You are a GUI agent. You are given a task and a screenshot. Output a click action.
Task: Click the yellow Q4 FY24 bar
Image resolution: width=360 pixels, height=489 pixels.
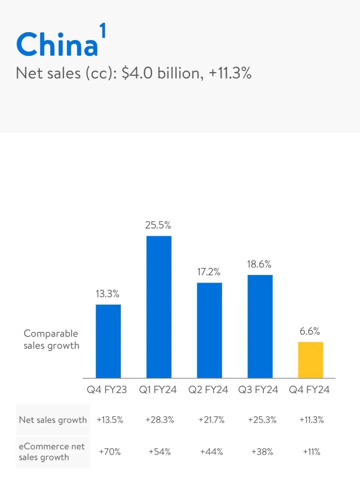click(x=310, y=360)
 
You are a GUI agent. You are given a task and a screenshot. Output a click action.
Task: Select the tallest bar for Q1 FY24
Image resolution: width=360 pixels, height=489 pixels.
click(x=159, y=307)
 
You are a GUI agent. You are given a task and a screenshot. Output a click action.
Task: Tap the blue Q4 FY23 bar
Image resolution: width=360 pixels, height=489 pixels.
click(x=108, y=341)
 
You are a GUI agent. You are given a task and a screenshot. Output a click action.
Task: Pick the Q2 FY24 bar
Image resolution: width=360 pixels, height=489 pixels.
click(x=209, y=330)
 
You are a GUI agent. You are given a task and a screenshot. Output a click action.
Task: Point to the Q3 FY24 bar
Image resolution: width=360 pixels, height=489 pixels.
click(x=260, y=326)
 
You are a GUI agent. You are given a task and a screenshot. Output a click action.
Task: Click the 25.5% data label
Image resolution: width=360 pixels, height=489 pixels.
click(x=158, y=225)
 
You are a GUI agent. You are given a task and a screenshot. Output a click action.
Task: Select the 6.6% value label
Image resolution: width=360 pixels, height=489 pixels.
click(x=310, y=331)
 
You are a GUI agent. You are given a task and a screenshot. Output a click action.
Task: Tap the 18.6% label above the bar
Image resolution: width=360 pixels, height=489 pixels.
click(x=259, y=264)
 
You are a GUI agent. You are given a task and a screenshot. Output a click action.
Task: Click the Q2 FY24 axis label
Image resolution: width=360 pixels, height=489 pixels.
click(x=208, y=389)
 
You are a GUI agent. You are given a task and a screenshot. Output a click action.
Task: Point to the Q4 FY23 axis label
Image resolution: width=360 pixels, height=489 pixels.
click(x=107, y=389)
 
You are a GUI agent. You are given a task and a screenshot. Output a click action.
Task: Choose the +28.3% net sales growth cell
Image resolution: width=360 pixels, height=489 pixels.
click(x=160, y=420)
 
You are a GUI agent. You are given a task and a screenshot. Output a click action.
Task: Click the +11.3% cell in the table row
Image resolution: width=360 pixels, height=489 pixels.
click(x=311, y=420)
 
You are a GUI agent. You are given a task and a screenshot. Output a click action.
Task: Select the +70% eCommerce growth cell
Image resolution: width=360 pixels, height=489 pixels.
click(x=110, y=452)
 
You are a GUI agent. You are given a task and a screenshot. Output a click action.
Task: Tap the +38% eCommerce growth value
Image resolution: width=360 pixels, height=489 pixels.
click(x=262, y=452)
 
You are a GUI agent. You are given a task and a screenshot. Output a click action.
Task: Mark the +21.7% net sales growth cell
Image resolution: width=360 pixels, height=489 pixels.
click(x=211, y=420)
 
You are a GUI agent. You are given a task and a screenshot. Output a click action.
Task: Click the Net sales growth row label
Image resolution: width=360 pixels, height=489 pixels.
click(x=53, y=420)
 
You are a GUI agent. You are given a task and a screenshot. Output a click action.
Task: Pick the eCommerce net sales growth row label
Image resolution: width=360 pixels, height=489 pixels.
click(x=52, y=452)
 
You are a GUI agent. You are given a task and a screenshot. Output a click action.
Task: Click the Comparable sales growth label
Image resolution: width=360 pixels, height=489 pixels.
click(x=51, y=339)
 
